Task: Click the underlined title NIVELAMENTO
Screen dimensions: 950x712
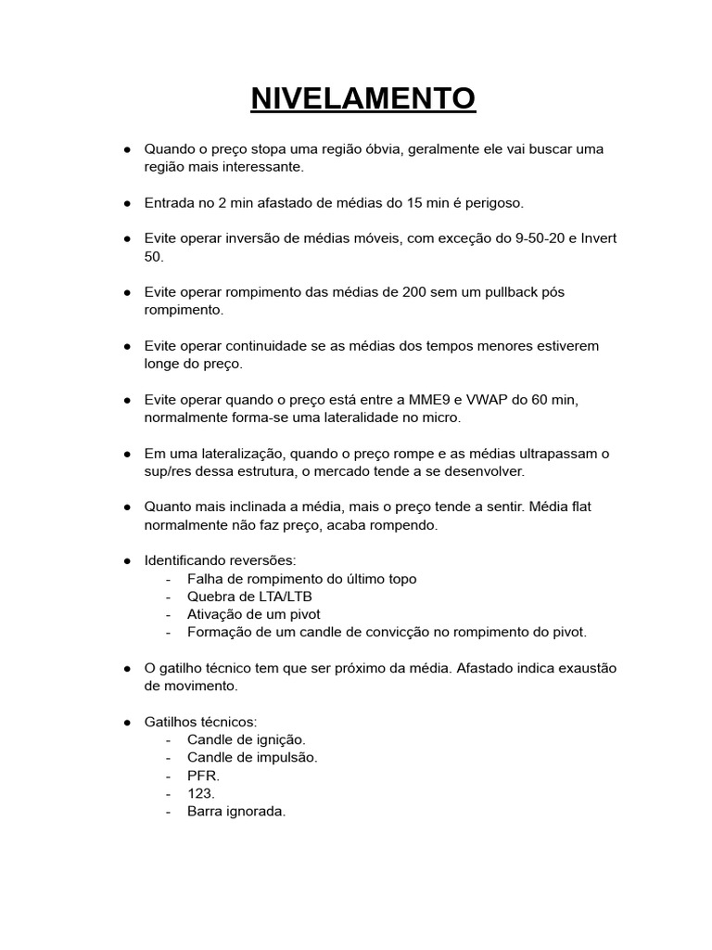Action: click(x=362, y=97)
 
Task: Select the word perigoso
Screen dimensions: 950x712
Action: click(x=496, y=202)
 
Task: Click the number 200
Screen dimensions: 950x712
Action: click(x=414, y=292)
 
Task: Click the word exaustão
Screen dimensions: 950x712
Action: click(x=583, y=669)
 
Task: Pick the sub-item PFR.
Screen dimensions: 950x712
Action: click(x=201, y=776)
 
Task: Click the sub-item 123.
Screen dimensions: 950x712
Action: click(x=200, y=793)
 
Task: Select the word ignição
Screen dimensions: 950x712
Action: click(x=279, y=739)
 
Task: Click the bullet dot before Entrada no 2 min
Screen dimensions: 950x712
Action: click(x=126, y=202)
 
